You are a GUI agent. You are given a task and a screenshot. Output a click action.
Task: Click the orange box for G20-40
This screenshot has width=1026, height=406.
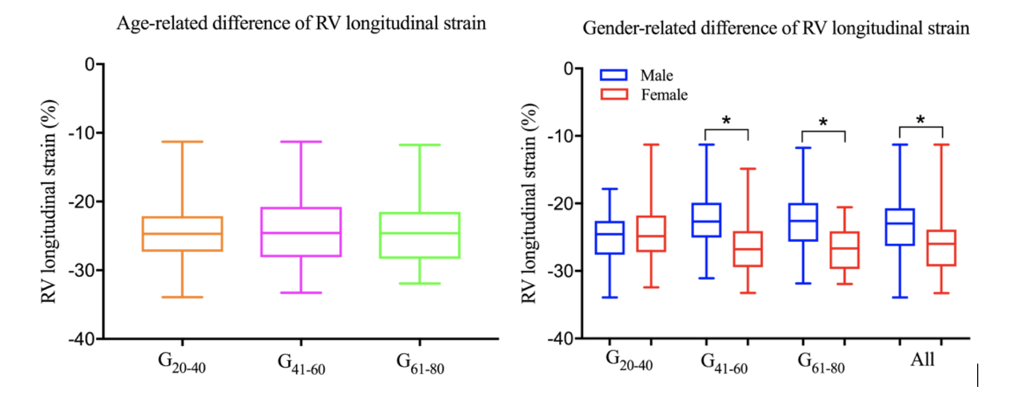pos(182,234)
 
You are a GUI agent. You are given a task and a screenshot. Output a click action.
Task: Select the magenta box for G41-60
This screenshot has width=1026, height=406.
pos(301,232)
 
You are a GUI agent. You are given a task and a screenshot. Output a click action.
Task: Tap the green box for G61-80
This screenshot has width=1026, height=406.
pos(420,235)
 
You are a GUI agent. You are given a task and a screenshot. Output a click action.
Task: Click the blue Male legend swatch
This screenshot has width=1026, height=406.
pos(613,75)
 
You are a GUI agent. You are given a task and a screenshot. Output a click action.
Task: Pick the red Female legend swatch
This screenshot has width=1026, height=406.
pos(614,94)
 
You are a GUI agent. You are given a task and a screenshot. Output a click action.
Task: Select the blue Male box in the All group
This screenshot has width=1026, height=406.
pos(900,227)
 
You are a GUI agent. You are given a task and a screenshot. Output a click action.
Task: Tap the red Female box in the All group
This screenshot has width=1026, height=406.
pos(941,248)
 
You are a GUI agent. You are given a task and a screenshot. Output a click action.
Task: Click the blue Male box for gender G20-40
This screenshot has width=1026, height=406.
pos(610,237)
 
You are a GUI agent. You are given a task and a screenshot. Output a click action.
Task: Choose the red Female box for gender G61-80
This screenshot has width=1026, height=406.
pos(845,250)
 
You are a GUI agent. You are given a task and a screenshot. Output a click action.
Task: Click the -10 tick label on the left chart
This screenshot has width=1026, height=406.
pos(82,133)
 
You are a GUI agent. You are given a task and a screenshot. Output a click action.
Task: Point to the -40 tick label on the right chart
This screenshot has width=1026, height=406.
pos(561,338)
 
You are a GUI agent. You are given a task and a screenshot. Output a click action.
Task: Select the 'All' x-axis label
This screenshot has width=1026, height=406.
pos(922,359)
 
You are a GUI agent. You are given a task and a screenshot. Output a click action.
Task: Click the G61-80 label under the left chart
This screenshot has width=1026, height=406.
pos(420,364)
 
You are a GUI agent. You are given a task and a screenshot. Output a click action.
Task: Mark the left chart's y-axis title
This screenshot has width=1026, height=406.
pos(49,201)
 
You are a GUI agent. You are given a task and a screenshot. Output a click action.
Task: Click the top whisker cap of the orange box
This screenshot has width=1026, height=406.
pos(182,142)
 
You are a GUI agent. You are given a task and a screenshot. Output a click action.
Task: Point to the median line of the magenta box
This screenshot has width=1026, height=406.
pos(301,233)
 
